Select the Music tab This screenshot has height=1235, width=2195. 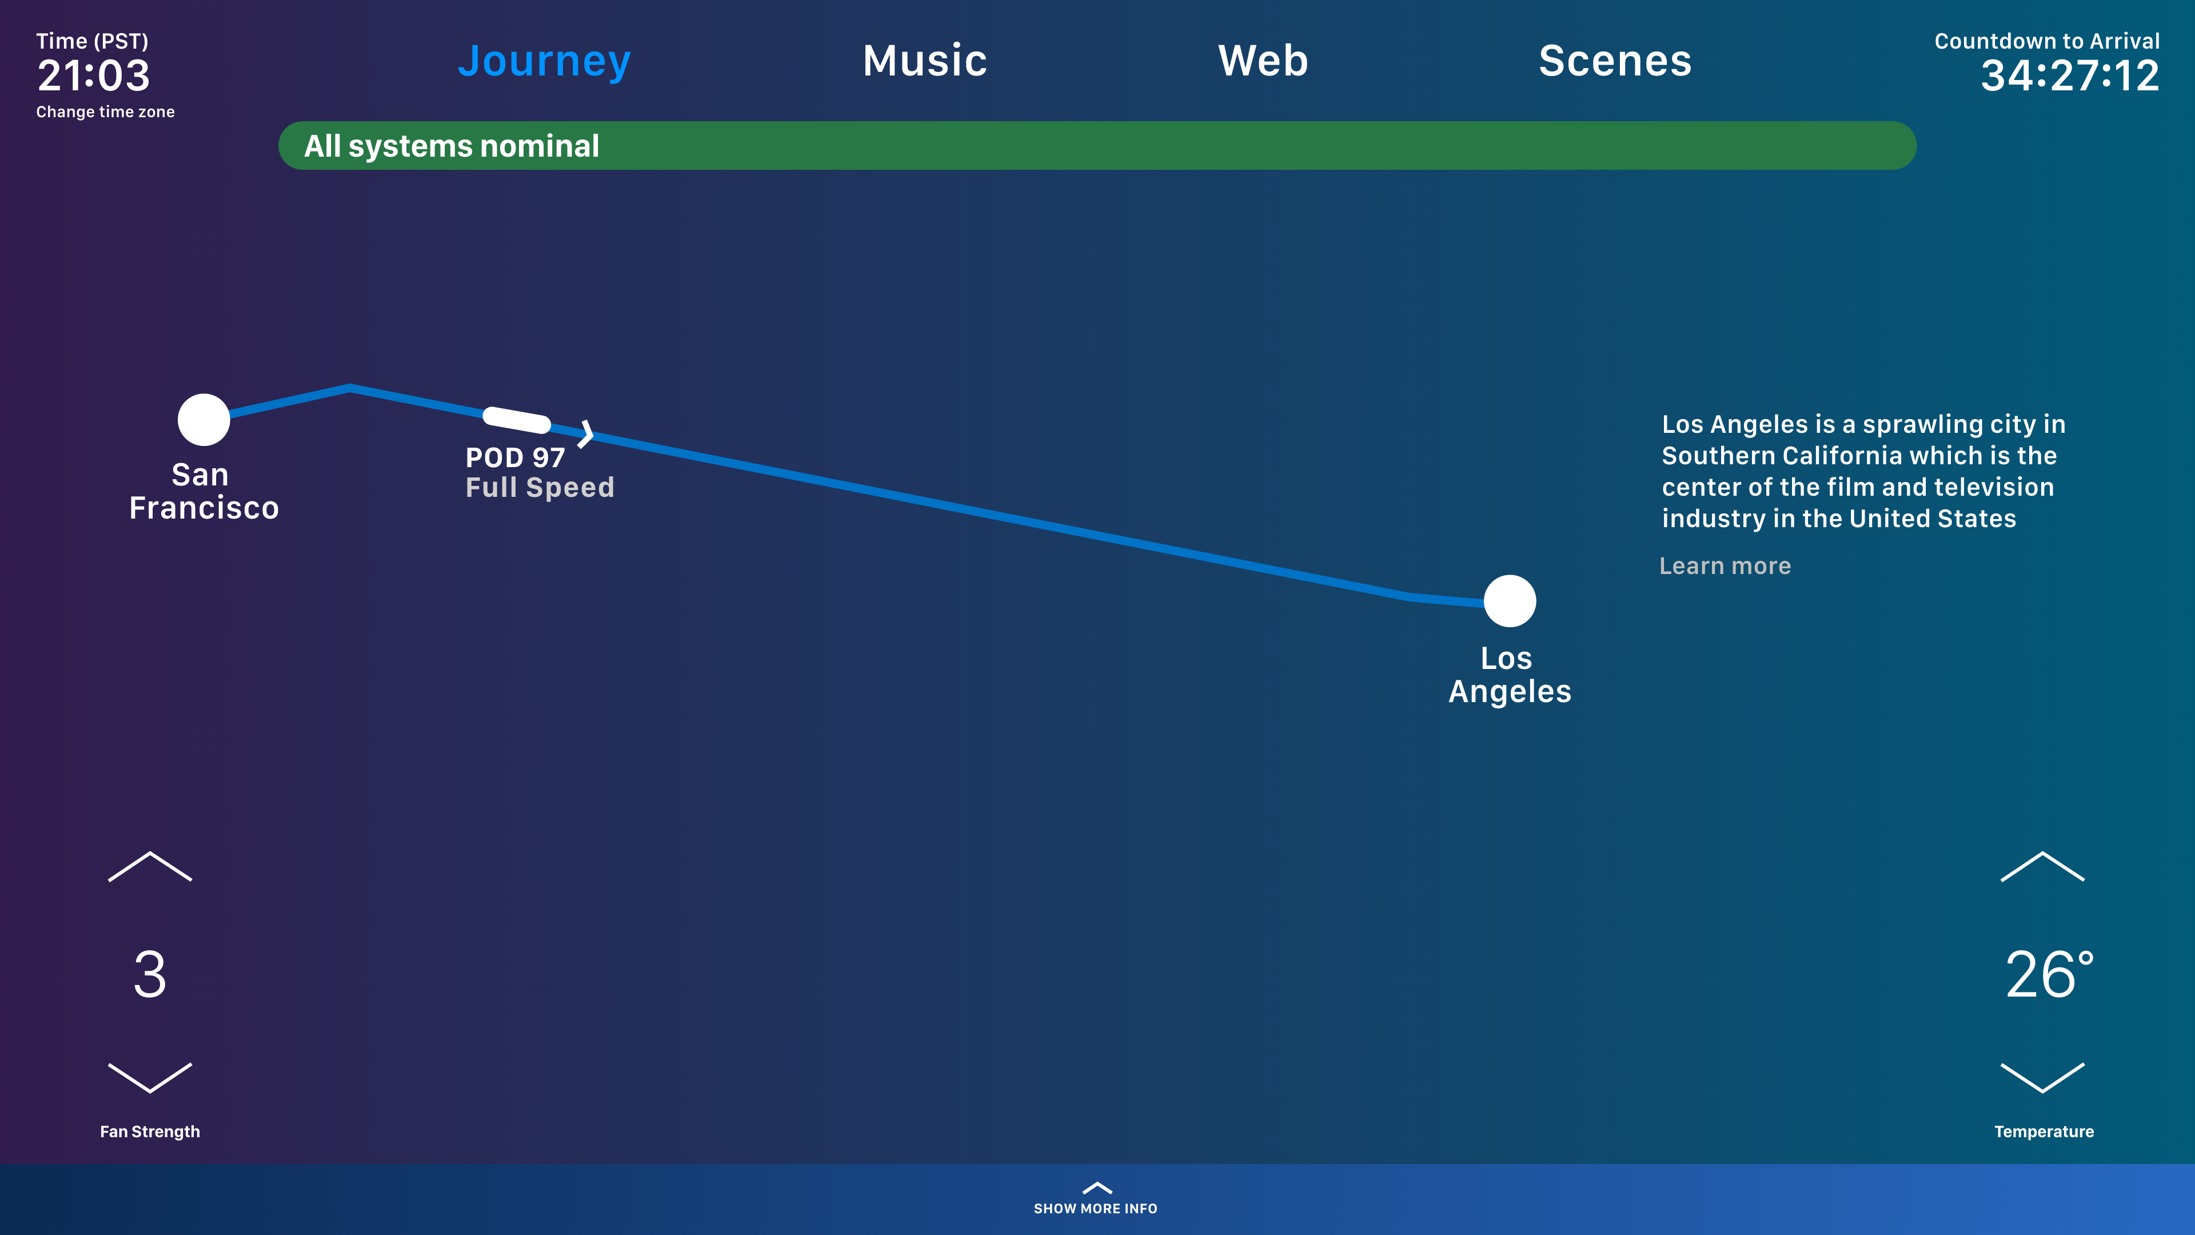point(924,61)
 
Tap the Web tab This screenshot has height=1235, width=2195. point(1263,61)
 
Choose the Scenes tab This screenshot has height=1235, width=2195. point(1615,61)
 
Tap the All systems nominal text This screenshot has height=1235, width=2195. point(452,146)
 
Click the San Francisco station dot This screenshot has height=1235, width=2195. point(203,419)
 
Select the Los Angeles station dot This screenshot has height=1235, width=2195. point(1510,601)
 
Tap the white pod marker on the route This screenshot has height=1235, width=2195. point(516,419)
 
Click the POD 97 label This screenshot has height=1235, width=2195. point(514,457)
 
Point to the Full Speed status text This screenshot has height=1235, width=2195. point(540,488)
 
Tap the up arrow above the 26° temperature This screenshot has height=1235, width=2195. point(2042,866)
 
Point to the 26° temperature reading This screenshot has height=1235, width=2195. point(2049,974)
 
